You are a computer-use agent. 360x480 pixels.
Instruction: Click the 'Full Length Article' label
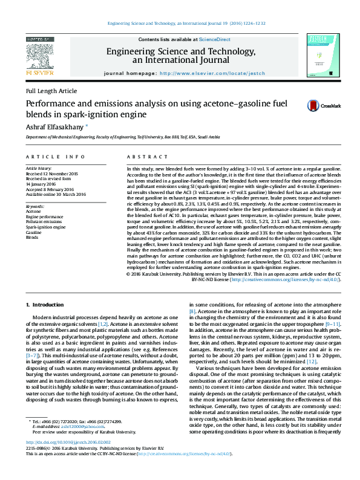pyautogui.click(x=51, y=91)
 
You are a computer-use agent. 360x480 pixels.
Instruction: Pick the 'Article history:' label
pyautogui.click(x=39, y=168)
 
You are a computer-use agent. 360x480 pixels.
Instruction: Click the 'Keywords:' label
pyautogui.click(x=35, y=206)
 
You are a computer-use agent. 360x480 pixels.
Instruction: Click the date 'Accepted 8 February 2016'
pyautogui.click(x=52, y=189)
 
